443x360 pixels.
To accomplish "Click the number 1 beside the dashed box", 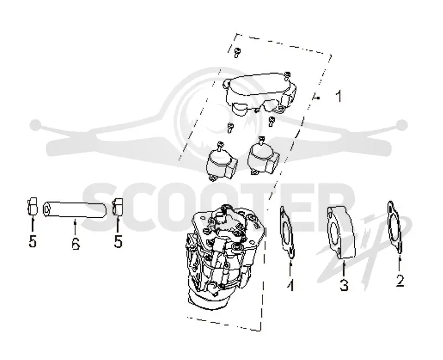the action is (x=338, y=96).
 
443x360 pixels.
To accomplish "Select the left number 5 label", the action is (x=33, y=241).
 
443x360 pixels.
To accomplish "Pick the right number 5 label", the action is (x=118, y=241).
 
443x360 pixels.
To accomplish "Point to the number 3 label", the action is (x=344, y=285).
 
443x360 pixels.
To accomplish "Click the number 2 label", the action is (x=400, y=281).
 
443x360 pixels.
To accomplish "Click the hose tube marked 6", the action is (x=75, y=209).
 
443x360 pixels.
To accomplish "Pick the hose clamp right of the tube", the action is (x=117, y=207).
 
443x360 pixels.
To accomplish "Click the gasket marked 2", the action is (x=395, y=227).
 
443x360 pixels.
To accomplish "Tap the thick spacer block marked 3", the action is (x=341, y=232).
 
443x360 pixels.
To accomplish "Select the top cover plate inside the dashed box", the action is (x=260, y=92).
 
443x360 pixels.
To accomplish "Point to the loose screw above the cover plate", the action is (x=238, y=52).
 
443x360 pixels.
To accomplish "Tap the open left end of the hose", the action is (x=47, y=210).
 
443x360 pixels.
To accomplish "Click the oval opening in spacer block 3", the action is (x=334, y=232).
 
